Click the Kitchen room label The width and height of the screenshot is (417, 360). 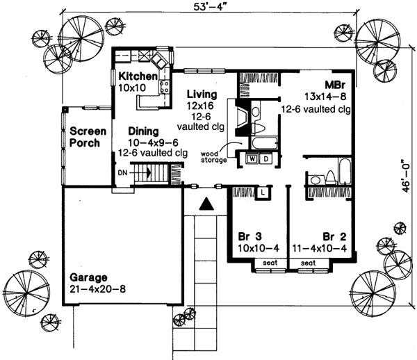tap(138, 76)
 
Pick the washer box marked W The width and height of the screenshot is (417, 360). tap(248, 159)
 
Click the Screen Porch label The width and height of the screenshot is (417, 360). tap(87, 137)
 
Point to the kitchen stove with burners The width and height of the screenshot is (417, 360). tap(165, 88)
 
